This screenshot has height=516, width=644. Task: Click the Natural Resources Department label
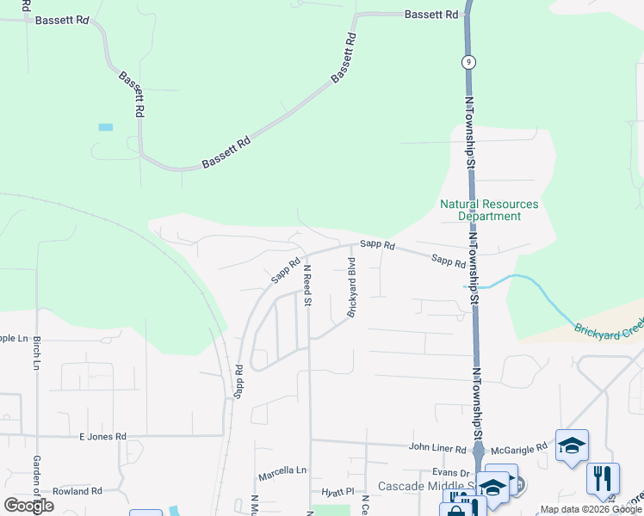point(489,210)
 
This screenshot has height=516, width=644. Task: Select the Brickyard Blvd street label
point(351,287)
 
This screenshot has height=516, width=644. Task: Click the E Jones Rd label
point(102,437)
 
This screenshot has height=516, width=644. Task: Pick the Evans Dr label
point(451,473)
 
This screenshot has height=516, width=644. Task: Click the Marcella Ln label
point(282,472)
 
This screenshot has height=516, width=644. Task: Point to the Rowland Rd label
point(77,491)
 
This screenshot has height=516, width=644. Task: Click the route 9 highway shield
point(468,61)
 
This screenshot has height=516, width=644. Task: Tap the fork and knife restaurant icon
point(603,477)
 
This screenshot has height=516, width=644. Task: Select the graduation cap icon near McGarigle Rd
point(572,445)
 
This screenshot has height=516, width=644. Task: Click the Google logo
point(29,505)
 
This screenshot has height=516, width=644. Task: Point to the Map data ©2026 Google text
point(590,509)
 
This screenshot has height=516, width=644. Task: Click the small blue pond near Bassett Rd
point(106,127)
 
